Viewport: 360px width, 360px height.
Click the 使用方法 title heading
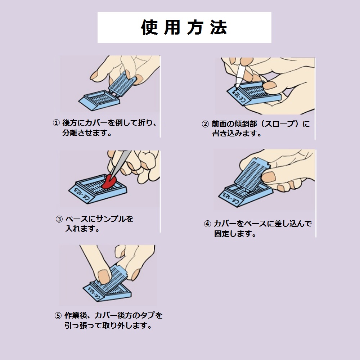pos(184,27)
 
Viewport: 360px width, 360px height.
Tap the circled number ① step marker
pos(56,123)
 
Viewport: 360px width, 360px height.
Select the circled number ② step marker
pos(205,124)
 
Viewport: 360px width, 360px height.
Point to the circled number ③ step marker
pos(59,219)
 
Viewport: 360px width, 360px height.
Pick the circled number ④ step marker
pos(208,224)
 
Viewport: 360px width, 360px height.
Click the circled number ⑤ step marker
pos(58,316)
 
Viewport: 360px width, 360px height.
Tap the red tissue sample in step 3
pos(109,181)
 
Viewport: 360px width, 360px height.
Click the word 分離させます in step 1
pos(85,133)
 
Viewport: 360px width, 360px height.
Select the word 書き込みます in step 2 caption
pos(234,134)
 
